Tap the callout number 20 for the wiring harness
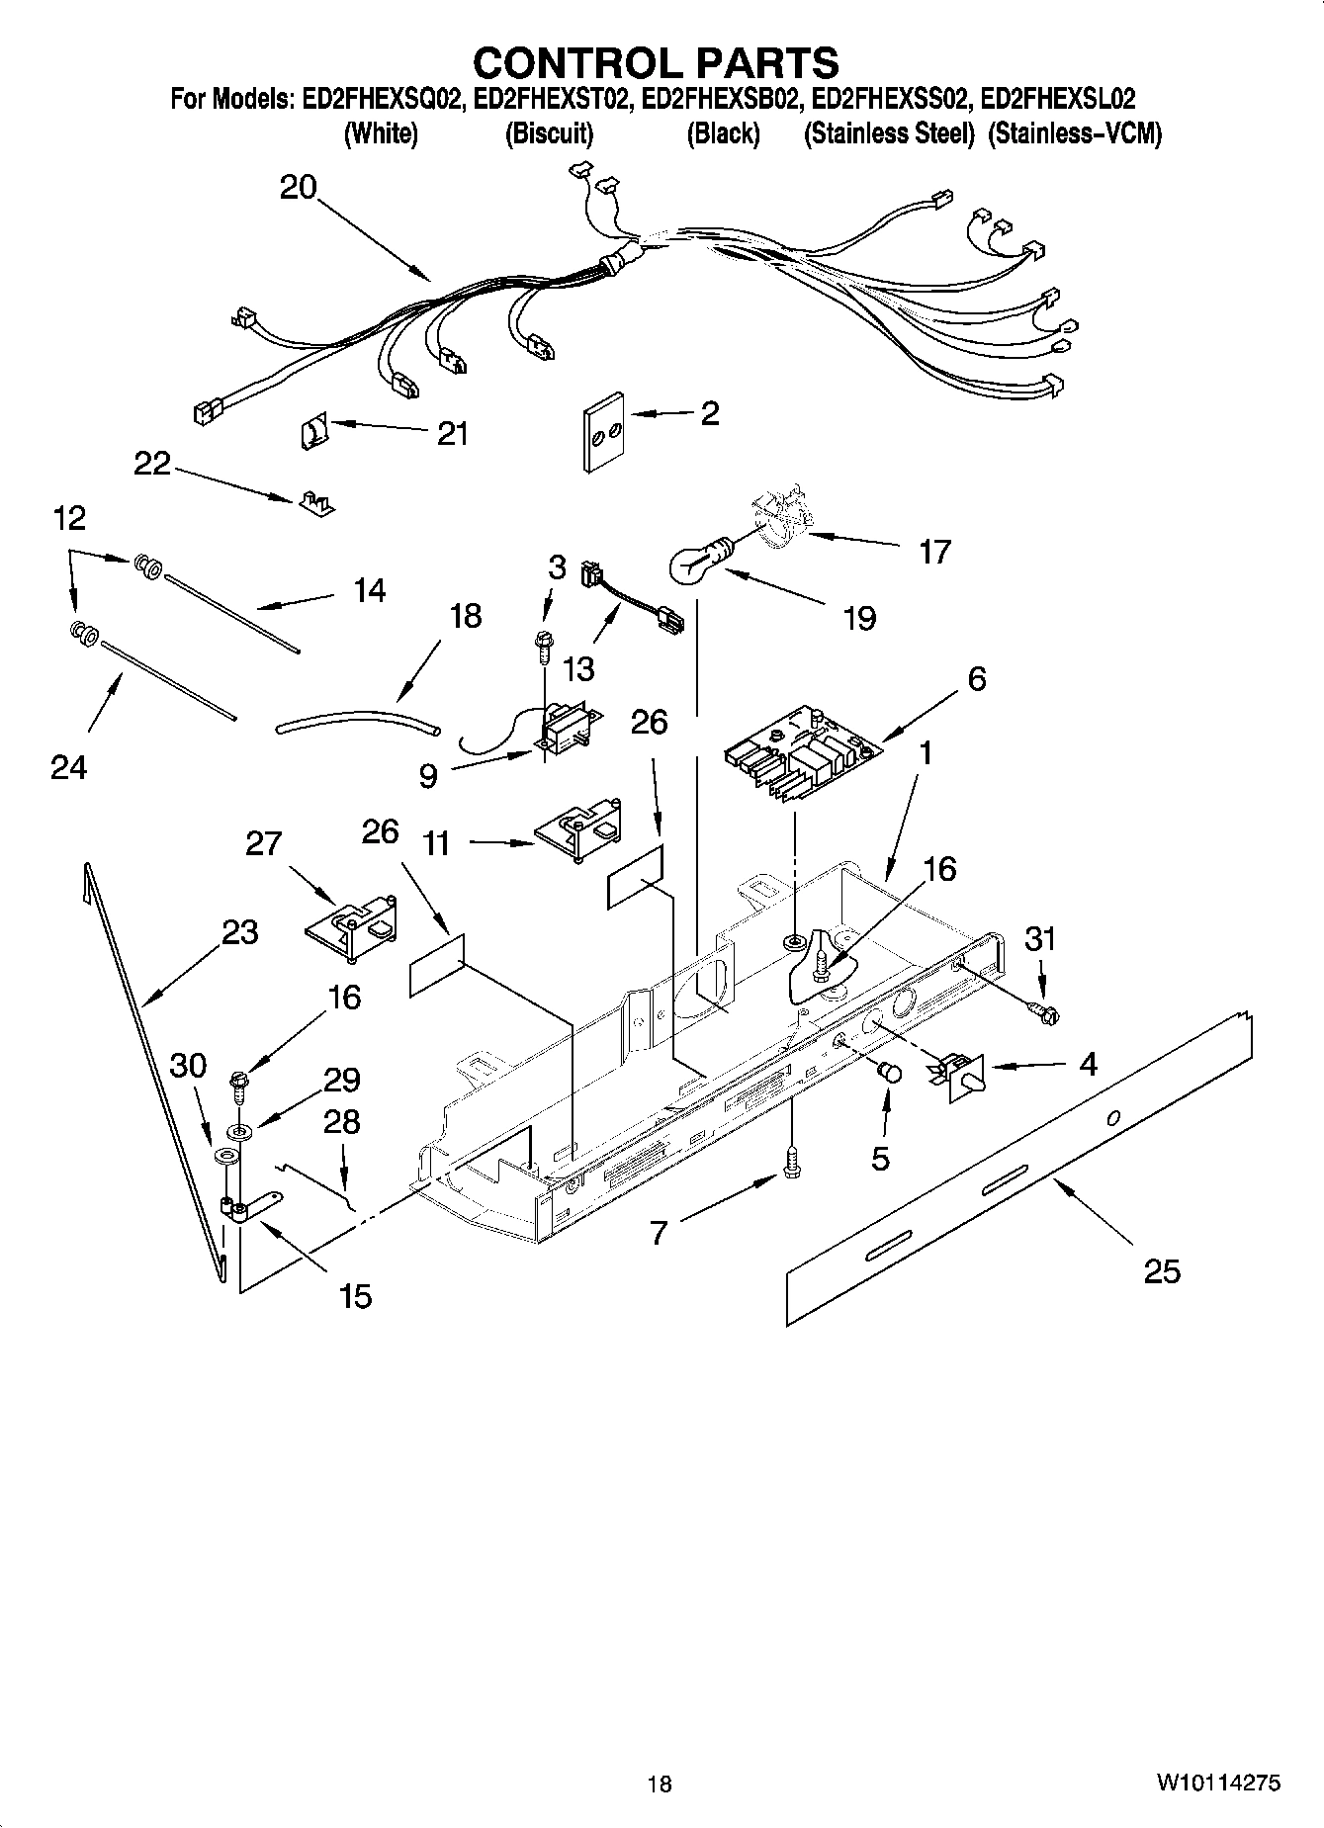[298, 187]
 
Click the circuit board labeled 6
[799, 758]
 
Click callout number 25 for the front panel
[1162, 1270]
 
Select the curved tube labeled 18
[356, 719]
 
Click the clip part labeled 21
[313, 432]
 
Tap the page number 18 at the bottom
[660, 1784]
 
